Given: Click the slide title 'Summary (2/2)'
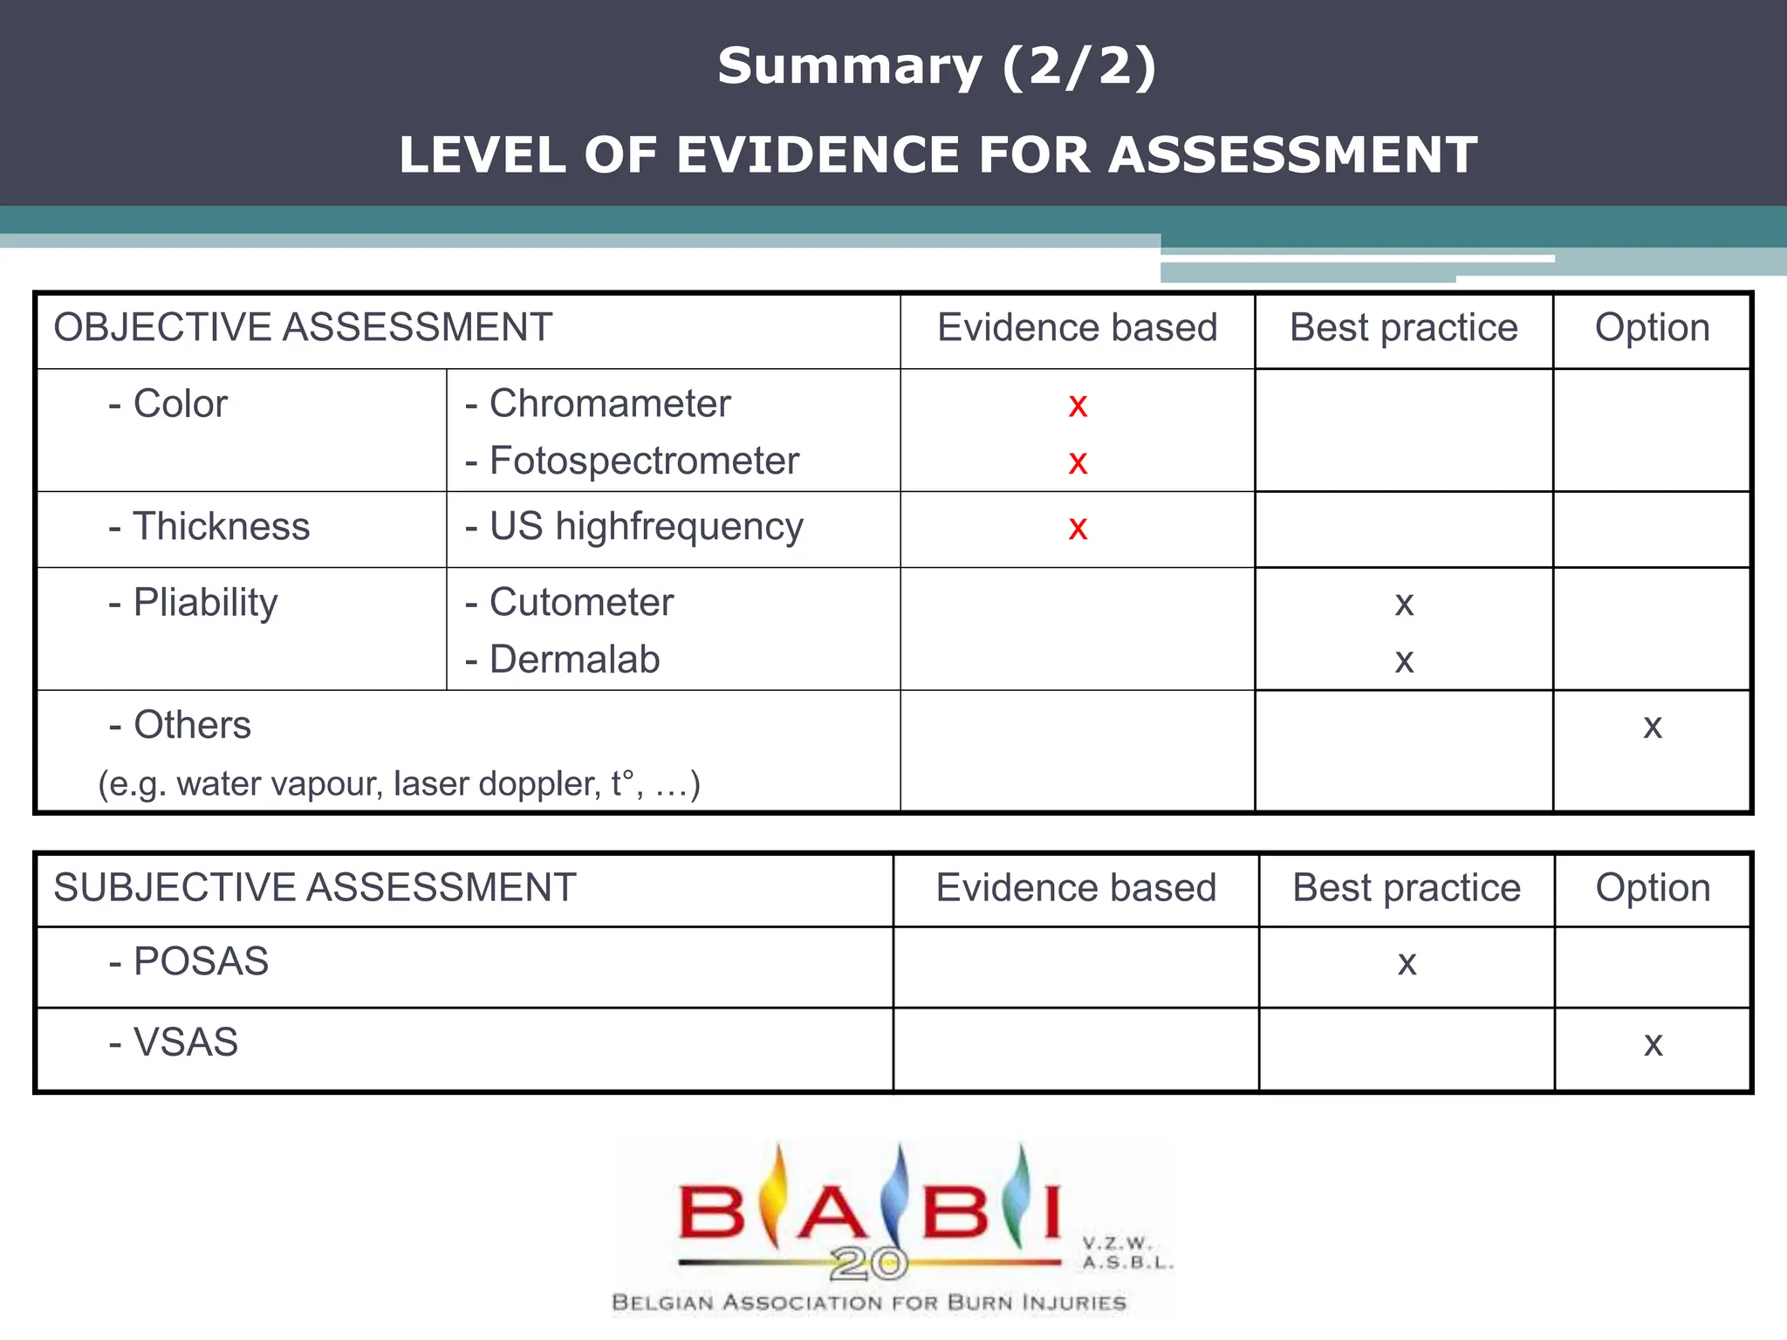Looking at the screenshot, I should point(936,66).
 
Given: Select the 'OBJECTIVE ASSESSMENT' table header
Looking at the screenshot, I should point(303,328).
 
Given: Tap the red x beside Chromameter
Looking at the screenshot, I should point(1078,406).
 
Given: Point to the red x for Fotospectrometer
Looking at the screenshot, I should point(1078,462).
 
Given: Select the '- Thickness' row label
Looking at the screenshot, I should point(209,527).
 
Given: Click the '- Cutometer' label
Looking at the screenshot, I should point(570,603).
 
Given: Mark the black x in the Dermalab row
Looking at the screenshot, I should point(1403,661).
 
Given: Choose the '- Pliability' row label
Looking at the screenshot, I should point(194,603).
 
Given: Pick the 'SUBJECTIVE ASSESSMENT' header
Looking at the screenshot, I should point(315,888).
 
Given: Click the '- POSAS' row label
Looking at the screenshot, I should point(188,961).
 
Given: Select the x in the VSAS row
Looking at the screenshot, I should point(1653,1044).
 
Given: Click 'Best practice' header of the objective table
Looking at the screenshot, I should point(1403,328).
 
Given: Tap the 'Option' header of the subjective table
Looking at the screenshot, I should point(1653,888).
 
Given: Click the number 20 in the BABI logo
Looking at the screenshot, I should point(868,1261).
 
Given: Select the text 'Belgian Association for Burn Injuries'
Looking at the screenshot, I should point(869,1302).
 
